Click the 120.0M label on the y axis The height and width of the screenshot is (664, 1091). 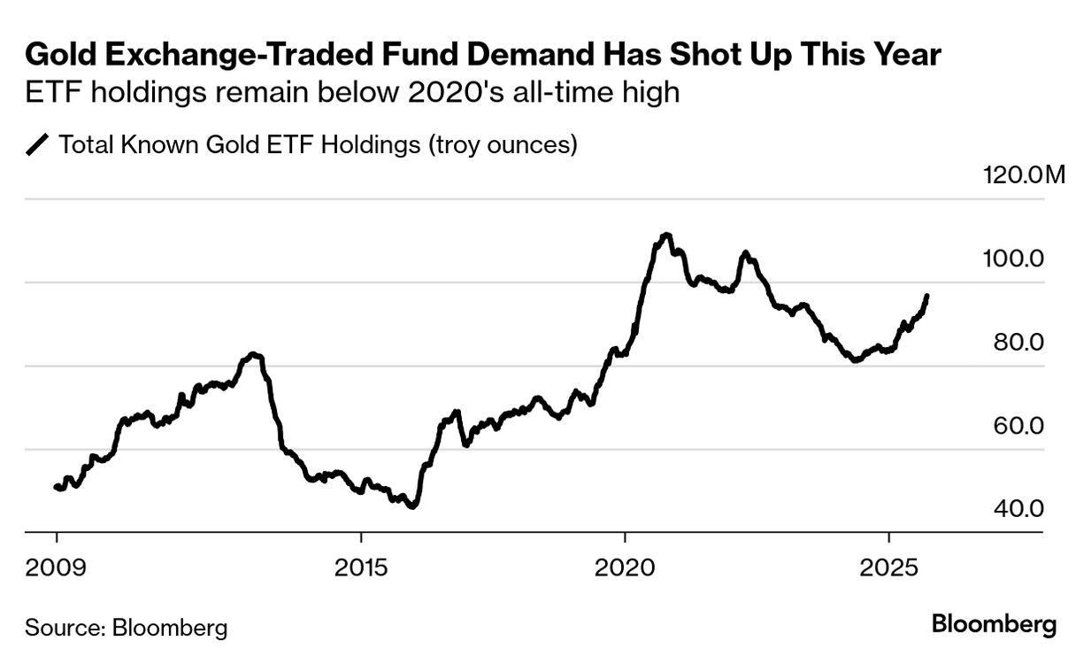(1025, 174)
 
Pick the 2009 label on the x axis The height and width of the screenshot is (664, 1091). (57, 567)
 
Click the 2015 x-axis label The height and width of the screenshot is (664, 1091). (361, 567)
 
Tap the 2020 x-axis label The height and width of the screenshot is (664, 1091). (626, 567)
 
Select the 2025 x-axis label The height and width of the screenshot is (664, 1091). (888, 567)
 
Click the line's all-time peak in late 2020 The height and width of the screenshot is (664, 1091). (666, 235)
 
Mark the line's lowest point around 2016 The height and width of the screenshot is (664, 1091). (412, 506)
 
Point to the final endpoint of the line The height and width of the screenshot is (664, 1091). (927, 296)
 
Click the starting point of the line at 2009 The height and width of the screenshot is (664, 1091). (56, 486)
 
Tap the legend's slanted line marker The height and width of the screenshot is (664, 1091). (39, 145)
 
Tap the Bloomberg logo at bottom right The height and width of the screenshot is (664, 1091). (994, 624)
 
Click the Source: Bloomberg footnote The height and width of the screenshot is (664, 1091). (127, 629)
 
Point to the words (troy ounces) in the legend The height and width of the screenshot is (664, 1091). (503, 145)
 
